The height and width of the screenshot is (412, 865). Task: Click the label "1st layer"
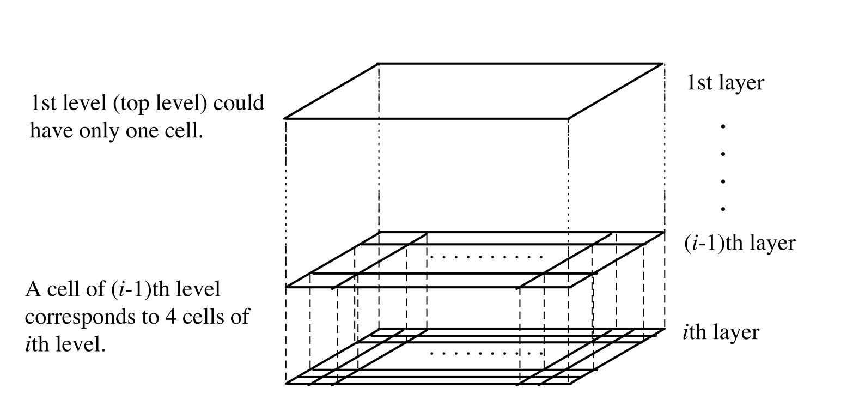tap(725, 83)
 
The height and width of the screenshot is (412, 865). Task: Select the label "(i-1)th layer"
tap(740, 243)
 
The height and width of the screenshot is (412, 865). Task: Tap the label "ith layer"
tap(720, 332)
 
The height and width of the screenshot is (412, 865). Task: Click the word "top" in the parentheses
tap(132, 104)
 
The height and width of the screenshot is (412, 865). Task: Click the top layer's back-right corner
tap(663, 64)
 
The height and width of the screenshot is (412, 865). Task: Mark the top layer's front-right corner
tap(569, 118)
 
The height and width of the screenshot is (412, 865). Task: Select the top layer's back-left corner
tap(379, 64)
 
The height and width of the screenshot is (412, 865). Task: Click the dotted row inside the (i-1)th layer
tap(486, 256)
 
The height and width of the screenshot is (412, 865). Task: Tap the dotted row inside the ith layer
tap(486, 353)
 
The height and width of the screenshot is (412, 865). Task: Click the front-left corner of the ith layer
tap(287, 384)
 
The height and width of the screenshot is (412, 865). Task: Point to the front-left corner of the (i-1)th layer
tap(287, 287)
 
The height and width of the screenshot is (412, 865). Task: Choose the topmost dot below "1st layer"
tap(723, 126)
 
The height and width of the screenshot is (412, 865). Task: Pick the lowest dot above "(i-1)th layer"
tap(723, 209)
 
